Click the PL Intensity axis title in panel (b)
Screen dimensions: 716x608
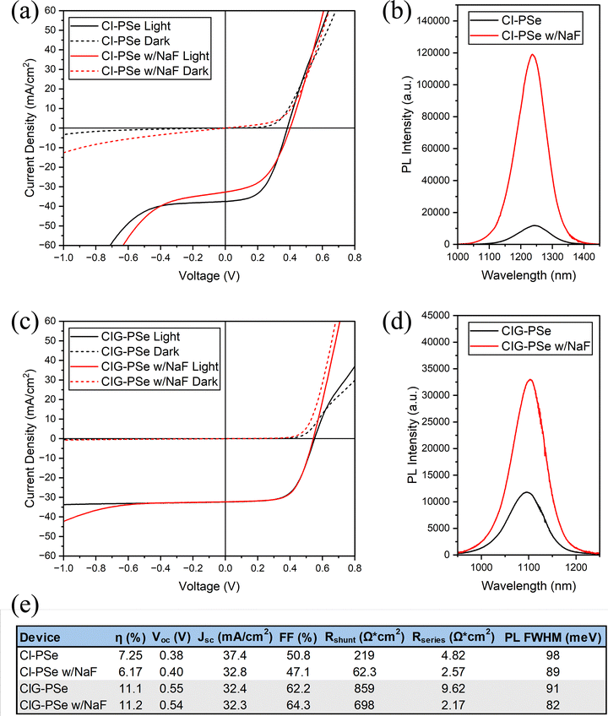pos(396,127)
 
